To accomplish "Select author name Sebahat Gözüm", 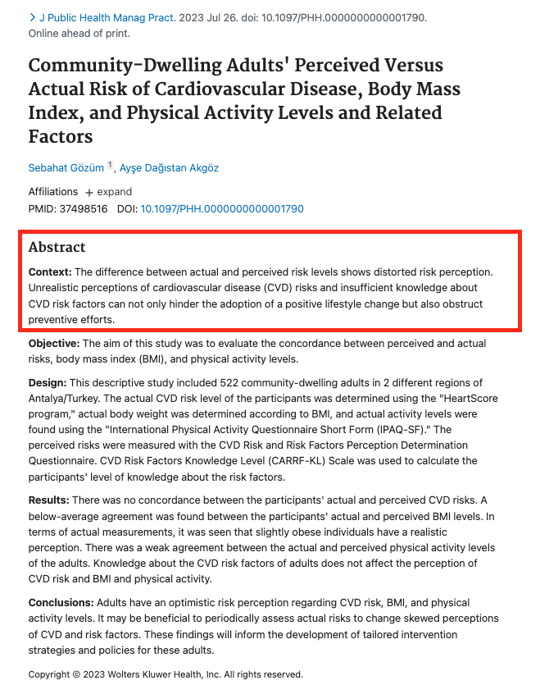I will click(x=66, y=168).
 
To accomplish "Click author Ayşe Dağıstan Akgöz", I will click(x=169, y=168).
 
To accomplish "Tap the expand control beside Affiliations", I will click(x=108, y=192).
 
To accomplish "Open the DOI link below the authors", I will click(x=222, y=209).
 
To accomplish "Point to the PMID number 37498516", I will click(x=83, y=209).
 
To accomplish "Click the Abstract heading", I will click(x=57, y=247).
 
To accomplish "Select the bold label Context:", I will click(x=50, y=272).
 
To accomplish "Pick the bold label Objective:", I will click(x=54, y=344).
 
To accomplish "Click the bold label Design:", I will click(x=48, y=383).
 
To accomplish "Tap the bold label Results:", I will click(x=48, y=500).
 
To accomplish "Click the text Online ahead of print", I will click(x=79, y=34).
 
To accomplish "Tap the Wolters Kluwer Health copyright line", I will click(x=166, y=674).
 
